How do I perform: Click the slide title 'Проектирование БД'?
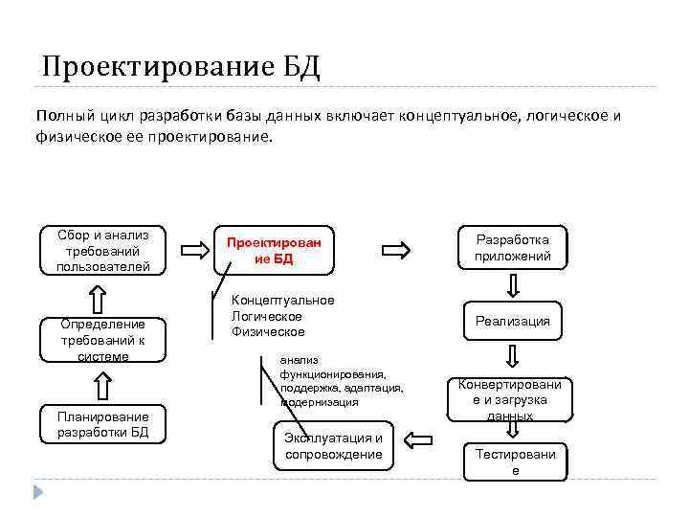click(181, 67)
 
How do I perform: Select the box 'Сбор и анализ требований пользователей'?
click(102, 250)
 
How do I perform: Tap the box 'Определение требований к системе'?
click(102, 340)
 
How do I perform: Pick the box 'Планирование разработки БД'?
click(102, 424)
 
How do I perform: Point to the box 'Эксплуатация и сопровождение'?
click(333, 445)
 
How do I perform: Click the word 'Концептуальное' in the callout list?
click(283, 301)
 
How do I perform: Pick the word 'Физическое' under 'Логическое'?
click(268, 331)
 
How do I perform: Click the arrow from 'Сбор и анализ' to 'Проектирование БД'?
click(194, 251)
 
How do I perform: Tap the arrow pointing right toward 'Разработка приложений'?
click(395, 251)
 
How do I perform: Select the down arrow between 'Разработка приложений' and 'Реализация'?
click(513, 285)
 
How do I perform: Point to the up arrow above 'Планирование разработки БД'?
click(102, 386)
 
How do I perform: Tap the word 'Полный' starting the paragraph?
click(59, 116)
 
